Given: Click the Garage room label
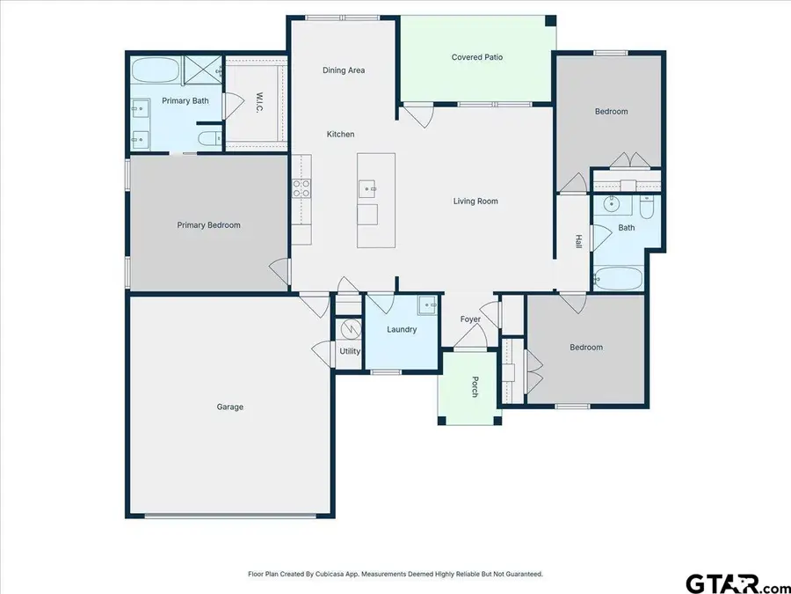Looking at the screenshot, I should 230,407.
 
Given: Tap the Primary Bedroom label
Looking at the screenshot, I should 208,225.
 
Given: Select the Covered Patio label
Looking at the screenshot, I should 476,57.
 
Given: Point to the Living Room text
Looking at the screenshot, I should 475,202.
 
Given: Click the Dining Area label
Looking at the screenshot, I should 344,70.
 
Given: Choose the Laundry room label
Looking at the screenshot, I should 402,330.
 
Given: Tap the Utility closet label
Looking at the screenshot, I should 350,351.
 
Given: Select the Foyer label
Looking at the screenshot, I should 470,319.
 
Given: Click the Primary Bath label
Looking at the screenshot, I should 185,101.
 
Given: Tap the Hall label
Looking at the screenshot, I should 578,240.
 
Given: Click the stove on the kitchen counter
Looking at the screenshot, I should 301,187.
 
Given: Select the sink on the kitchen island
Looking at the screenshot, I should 368,188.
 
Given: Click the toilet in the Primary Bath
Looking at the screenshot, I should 207,139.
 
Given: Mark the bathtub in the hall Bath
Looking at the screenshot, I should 619,278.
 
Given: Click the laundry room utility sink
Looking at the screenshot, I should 427,305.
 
